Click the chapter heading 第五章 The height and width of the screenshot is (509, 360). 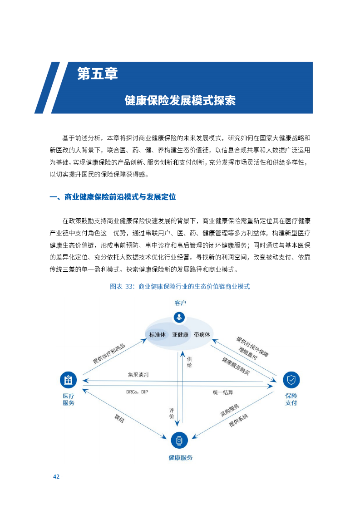pos(98,74)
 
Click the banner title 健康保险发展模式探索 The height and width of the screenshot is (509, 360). pos(180,101)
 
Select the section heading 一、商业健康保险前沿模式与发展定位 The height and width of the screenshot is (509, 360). pos(112,197)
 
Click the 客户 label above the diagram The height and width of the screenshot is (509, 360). pos(180,303)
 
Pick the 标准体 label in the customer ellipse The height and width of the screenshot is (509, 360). pos(158,335)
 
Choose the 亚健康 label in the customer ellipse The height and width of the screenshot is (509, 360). pos(180,335)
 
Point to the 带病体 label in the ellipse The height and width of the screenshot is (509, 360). pos(202,335)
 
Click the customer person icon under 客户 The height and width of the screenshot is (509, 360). pos(180,317)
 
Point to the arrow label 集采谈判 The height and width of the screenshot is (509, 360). pos(138,375)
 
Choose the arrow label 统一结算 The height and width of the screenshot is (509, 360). pos(223,392)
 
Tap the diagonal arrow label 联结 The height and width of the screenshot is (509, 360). pos(119,418)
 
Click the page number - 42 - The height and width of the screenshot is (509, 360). pos(56,476)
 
